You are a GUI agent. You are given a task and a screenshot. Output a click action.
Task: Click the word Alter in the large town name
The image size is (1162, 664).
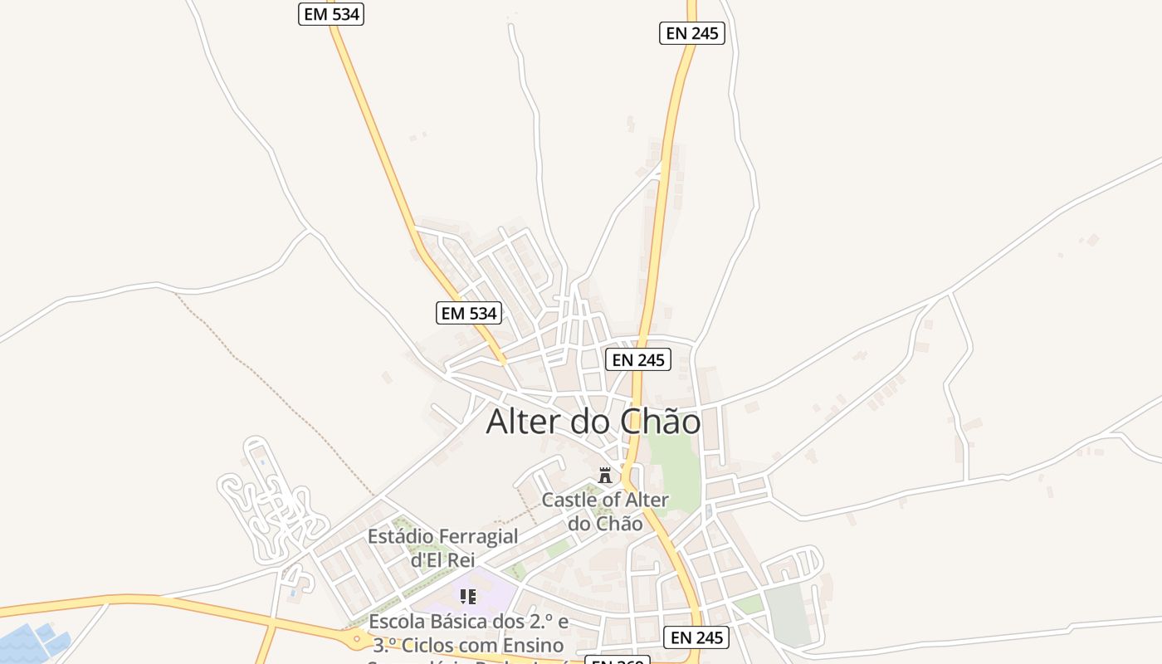(524, 422)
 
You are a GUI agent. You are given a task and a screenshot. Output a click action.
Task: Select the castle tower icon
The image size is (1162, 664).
(605, 476)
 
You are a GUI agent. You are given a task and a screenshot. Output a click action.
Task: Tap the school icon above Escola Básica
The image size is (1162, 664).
(468, 597)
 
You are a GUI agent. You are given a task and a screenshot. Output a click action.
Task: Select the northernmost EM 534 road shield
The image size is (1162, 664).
(331, 14)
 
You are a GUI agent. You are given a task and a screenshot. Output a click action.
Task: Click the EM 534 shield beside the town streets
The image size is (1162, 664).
(469, 313)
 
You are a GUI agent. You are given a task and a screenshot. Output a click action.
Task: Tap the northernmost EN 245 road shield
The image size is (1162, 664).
(692, 34)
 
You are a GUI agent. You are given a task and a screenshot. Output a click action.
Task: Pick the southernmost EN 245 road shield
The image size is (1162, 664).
(696, 637)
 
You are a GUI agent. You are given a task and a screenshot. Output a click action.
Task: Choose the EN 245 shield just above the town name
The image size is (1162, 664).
(637, 360)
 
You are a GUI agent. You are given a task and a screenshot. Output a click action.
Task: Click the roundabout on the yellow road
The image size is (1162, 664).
(359, 640)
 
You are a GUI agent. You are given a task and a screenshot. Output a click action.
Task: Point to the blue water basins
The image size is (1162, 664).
(33, 642)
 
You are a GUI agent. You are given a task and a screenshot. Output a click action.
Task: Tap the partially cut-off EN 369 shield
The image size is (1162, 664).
(617, 660)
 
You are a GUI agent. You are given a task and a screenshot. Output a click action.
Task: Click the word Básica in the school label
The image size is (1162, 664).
(471, 622)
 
